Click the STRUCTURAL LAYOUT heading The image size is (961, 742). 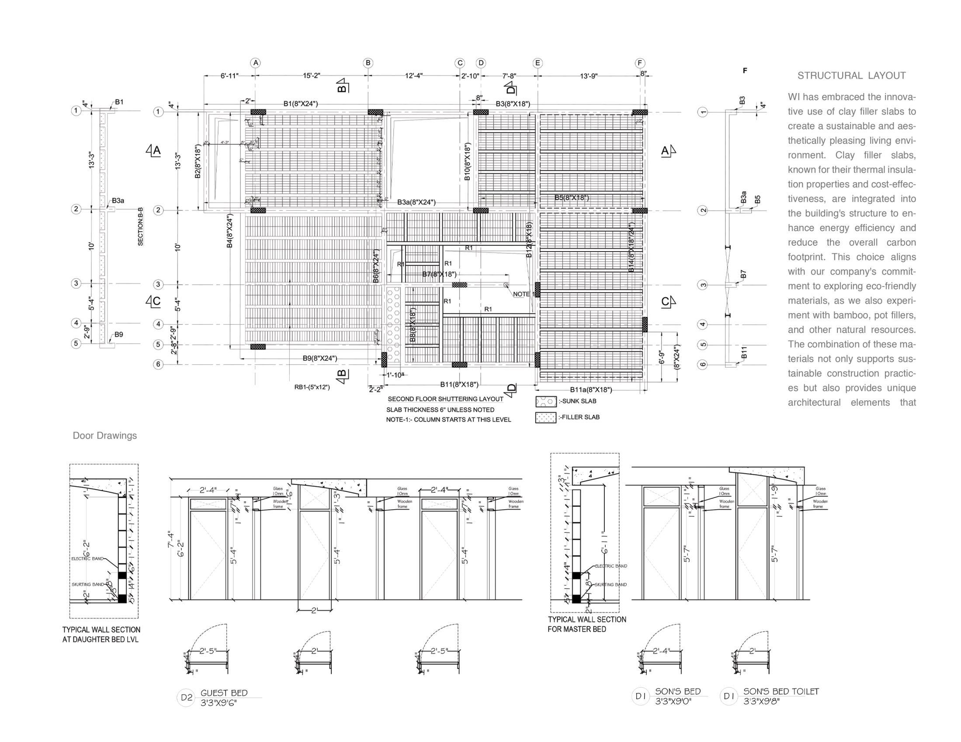(x=851, y=76)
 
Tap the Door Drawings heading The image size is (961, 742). (x=105, y=435)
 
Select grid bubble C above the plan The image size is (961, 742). (x=460, y=63)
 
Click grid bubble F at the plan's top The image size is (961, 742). (x=640, y=63)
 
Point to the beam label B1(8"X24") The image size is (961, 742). (x=301, y=104)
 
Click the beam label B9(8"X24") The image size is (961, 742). (x=320, y=358)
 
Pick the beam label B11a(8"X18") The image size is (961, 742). (x=591, y=389)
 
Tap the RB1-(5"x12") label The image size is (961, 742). (x=312, y=387)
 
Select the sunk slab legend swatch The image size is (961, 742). (x=546, y=401)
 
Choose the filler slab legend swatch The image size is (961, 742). (x=546, y=417)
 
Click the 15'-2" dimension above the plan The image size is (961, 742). (x=312, y=76)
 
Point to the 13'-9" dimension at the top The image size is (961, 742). (x=589, y=76)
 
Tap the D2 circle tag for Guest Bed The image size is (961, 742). (x=187, y=697)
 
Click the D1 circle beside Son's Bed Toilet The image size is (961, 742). (x=729, y=696)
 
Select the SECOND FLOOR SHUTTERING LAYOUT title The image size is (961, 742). (x=445, y=399)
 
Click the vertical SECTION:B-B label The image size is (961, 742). (x=141, y=227)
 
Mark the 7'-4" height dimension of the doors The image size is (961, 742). (x=171, y=539)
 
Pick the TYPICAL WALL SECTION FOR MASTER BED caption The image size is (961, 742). (x=587, y=624)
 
